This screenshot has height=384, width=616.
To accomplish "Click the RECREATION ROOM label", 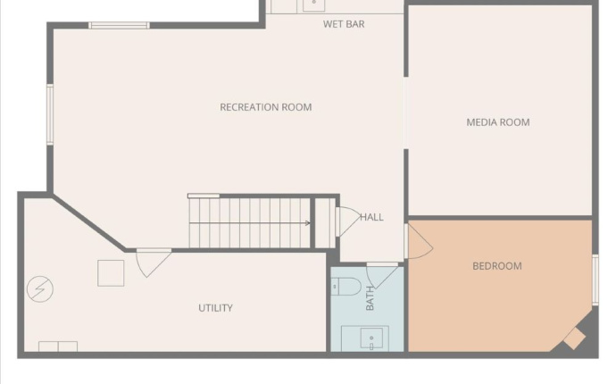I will tap(266, 107).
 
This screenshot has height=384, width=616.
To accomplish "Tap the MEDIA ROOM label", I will tap(498, 122).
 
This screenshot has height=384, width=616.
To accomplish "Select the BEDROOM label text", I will tap(497, 266).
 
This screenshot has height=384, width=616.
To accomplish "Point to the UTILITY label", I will tap(215, 308).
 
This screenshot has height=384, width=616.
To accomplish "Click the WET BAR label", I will tap(344, 24).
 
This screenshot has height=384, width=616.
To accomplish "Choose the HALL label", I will tap(372, 217).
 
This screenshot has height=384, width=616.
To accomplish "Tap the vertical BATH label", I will tap(370, 298).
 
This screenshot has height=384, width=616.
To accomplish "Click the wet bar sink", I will tap(312, 4).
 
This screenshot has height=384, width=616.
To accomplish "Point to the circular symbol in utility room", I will tap(40, 288).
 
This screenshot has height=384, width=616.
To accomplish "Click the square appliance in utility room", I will tap(111, 272).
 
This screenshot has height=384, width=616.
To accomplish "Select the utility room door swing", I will tap(153, 262).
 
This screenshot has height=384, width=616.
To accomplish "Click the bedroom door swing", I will tap(418, 241).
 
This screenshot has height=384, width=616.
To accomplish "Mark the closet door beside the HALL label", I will tap(346, 221).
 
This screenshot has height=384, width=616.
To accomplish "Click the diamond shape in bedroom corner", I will tap(574, 338).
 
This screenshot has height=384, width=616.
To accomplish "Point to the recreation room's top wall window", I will tap(119, 25).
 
